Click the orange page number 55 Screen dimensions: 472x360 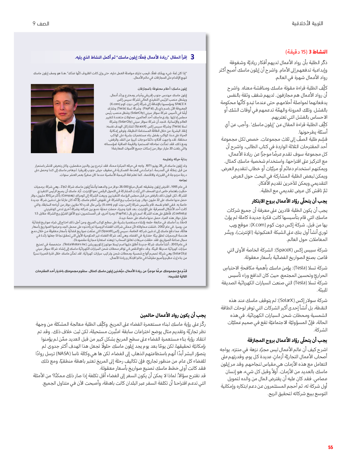click(x=330, y=447)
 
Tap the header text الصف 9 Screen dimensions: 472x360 click(x=41, y=24)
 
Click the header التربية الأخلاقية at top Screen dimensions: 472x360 click(x=307, y=23)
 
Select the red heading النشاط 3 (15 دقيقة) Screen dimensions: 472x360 click(x=306, y=52)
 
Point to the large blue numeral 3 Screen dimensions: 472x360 click(x=192, y=57)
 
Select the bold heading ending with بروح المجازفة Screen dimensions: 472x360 click(x=287, y=340)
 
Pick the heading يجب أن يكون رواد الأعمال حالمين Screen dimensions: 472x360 click(x=173, y=315)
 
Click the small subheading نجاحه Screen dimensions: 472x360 click(x=183, y=180)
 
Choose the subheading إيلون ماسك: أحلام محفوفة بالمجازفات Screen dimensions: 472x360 click(x=162, y=89)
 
